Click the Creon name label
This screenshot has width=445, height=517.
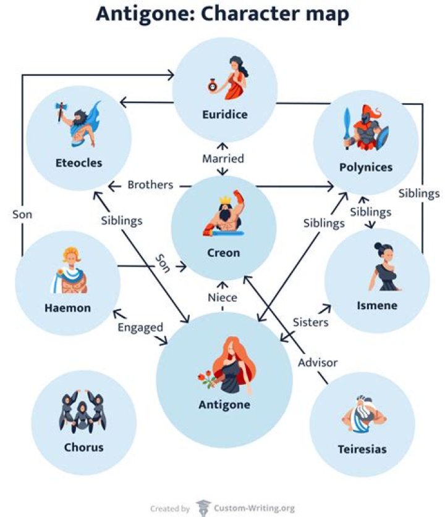(x=223, y=252)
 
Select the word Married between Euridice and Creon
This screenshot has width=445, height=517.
(x=223, y=159)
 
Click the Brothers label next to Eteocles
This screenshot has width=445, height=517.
(x=150, y=184)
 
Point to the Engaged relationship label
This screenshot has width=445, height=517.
(x=140, y=328)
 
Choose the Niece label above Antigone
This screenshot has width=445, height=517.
(x=222, y=297)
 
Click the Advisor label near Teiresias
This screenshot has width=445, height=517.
(x=318, y=362)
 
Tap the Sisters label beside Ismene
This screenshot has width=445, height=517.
(x=310, y=321)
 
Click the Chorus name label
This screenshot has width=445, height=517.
(x=83, y=447)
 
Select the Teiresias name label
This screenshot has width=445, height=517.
(x=362, y=449)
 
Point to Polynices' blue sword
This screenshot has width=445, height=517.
(x=347, y=123)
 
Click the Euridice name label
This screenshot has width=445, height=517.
(x=224, y=114)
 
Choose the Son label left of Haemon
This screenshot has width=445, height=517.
(x=22, y=214)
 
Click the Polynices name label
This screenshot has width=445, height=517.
(x=366, y=167)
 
